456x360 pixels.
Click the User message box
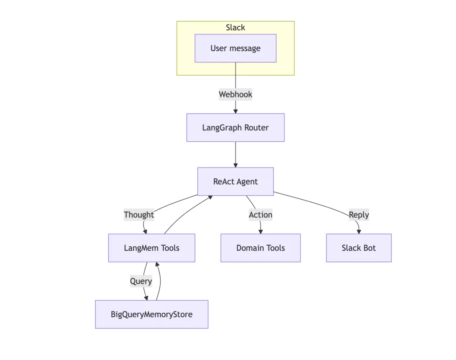tap(235, 48)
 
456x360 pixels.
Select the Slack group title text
tap(235, 28)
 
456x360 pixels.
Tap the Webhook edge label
tap(235, 94)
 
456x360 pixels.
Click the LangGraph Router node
tap(235, 128)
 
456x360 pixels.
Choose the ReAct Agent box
tap(235, 182)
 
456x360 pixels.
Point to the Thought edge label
tap(139, 215)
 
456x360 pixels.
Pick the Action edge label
tap(261, 215)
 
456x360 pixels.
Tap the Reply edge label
tap(359, 215)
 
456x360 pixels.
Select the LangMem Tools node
tap(151, 248)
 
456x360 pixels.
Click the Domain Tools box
tap(261, 248)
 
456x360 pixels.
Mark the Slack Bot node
tap(359, 248)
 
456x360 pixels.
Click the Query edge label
tap(141, 281)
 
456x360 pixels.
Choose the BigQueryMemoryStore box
tap(151, 315)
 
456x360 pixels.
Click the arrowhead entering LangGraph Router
tap(235, 111)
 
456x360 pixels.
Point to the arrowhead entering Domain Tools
tap(261, 231)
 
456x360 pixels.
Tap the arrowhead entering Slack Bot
tap(359, 231)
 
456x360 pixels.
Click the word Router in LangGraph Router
tap(256, 128)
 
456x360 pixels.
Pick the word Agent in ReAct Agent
tap(247, 182)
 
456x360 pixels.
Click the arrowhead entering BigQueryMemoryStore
tap(147, 298)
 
